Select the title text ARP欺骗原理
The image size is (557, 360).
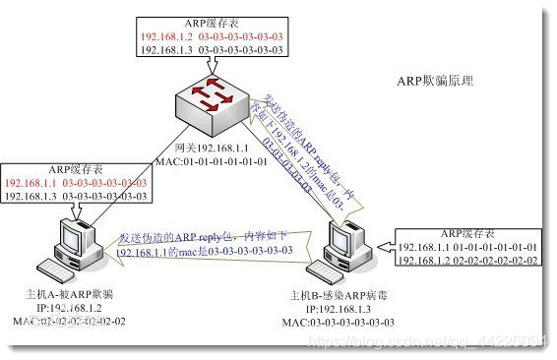(434, 82)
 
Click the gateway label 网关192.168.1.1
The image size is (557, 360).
(211, 146)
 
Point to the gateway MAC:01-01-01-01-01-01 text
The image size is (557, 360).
(211, 160)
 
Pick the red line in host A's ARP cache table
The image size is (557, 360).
(76, 183)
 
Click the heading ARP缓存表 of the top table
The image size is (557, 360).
(213, 20)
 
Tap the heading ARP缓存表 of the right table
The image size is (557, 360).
(467, 233)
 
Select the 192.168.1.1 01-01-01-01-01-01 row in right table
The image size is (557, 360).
(467, 246)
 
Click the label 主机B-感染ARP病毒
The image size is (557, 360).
(340, 294)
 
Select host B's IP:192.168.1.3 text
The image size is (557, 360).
(340, 308)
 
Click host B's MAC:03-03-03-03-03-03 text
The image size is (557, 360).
(340, 322)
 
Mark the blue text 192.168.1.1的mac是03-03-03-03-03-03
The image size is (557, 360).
(205, 252)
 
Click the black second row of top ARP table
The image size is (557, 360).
(213, 46)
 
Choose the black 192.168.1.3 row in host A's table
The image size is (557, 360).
(76, 197)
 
